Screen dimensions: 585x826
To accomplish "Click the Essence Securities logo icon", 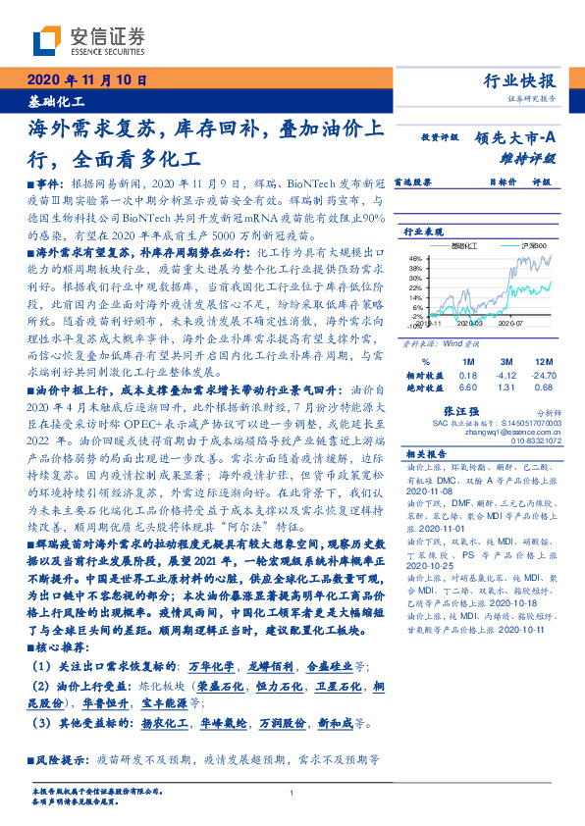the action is (45, 40).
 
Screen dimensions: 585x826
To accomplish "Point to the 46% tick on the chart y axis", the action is (415, 256).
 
